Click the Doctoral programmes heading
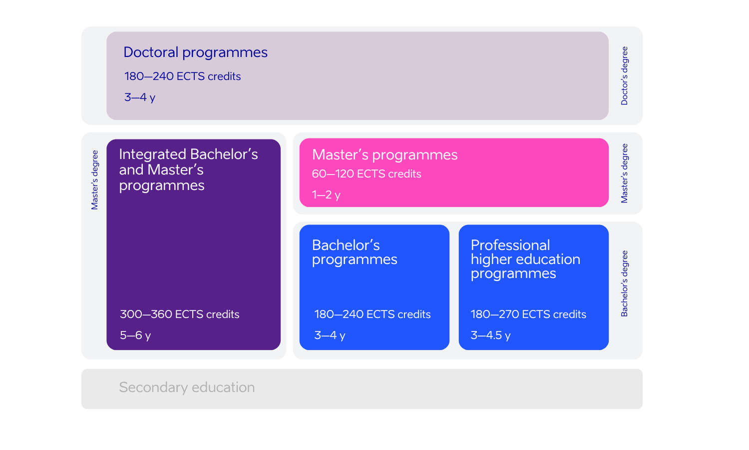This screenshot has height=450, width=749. tap(195, 52)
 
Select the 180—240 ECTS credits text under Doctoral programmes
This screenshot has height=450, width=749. tap(182, 76)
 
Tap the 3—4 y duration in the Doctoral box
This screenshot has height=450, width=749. tap(139, 97)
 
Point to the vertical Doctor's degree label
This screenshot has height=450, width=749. tap(624, 75)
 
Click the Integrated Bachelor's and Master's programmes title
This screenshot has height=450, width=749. tap(189, 170)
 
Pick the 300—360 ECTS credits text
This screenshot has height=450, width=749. tap(180, 314)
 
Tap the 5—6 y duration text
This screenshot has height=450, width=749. tap(135, 335)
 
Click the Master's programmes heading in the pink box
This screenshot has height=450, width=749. tap(384, 155)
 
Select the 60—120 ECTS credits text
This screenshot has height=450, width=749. tap(366, 174)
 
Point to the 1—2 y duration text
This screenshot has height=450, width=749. tap(326, 195)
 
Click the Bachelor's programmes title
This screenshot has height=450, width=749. tap(355, 252)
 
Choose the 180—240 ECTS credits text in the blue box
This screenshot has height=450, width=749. tap(372, 314)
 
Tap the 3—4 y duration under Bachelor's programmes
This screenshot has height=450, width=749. tap(330, 335)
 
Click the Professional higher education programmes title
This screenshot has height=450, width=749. tap(525, 259)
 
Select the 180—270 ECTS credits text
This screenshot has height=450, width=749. tap(528, 314)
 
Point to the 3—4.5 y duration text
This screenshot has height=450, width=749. tap(490, 335)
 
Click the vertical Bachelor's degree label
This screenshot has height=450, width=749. tap(624, 283)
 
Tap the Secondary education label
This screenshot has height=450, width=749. tap(187, 387)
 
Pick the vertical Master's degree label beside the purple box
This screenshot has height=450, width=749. tap(95, 180)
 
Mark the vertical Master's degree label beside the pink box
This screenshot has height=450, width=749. tap(624, 173)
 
